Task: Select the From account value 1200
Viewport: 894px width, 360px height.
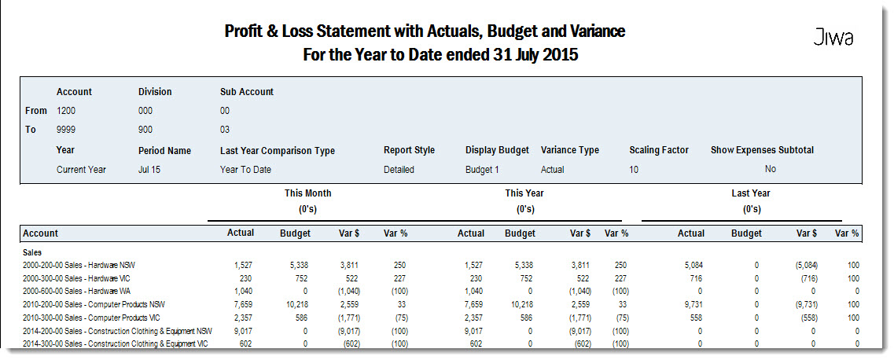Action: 66,111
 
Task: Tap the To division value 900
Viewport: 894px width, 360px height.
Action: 145,130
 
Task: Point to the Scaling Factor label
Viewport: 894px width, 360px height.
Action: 659,150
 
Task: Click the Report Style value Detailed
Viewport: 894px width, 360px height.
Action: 399,169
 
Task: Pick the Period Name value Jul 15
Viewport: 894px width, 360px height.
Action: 150,169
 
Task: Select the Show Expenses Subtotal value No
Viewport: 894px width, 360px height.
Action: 771,169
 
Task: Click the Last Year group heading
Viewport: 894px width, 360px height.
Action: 751,193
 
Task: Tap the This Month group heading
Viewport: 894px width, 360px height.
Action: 308,193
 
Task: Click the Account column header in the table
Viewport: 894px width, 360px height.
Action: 40,233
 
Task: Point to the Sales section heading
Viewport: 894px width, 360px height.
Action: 32,252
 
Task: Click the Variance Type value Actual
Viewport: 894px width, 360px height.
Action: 553,169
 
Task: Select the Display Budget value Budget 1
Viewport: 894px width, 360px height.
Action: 482,169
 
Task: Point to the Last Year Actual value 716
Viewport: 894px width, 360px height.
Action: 698,278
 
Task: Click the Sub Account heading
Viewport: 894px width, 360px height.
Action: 247,92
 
